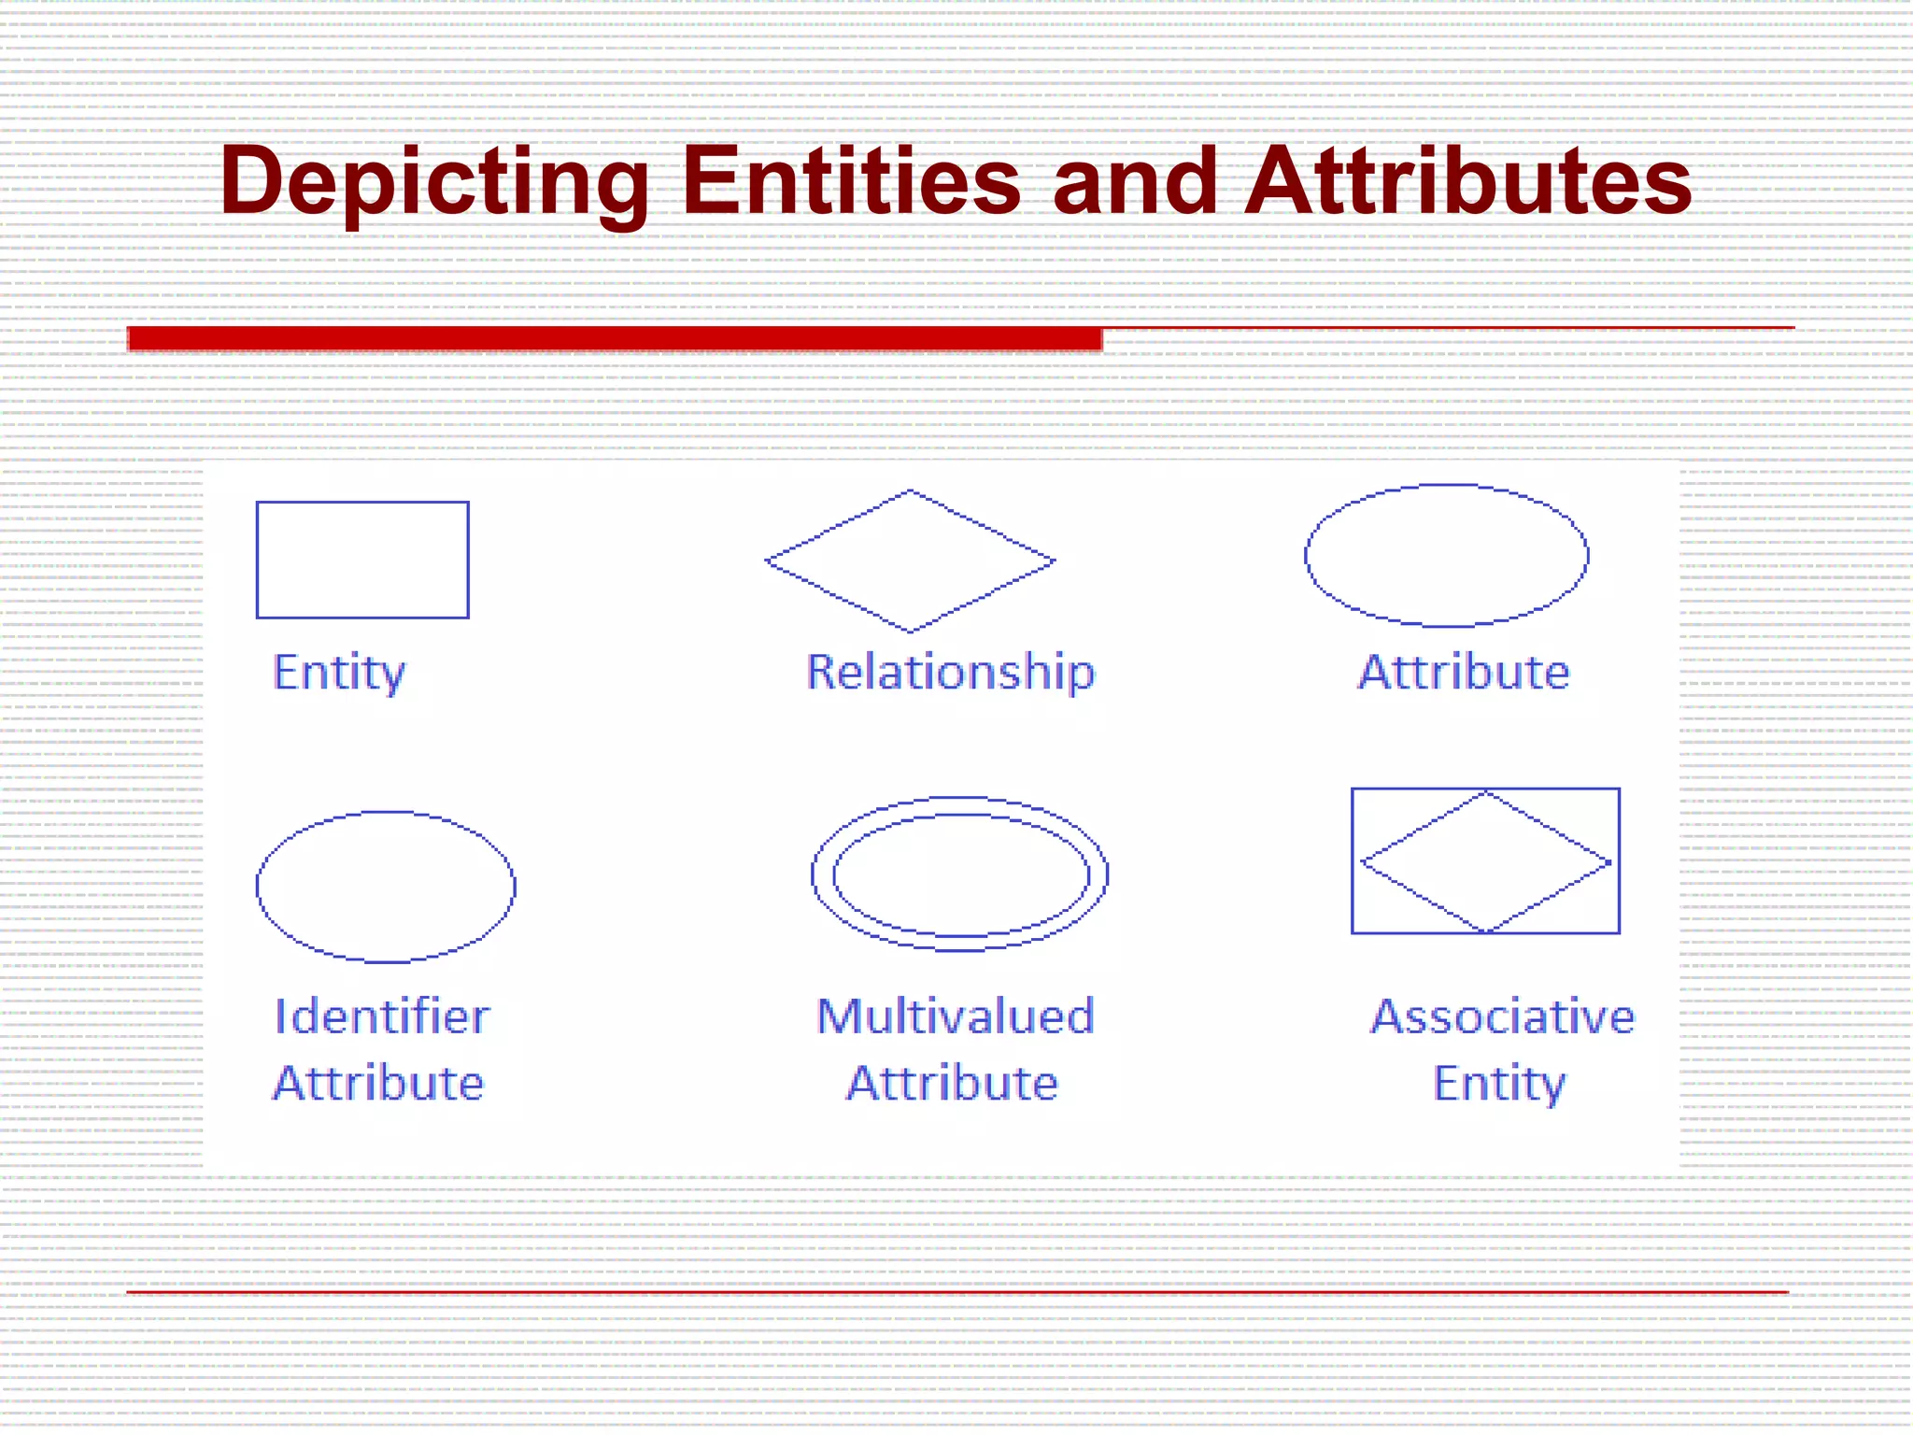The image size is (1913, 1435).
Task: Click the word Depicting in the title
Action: coord(434,182)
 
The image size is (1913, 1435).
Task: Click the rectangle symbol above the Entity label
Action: coord(362,560)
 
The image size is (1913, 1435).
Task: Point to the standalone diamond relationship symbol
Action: coord(910,561)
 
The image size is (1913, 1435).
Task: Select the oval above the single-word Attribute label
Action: coord(1446,555)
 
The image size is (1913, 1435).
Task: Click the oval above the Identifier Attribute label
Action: coord(386,887)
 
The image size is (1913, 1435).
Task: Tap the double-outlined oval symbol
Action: coord(960,874)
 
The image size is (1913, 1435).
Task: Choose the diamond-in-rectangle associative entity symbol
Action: coord(1485,861)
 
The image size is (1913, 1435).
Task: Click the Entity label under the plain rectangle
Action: coord(339,673)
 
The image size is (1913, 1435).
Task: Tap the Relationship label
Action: coord(950,673)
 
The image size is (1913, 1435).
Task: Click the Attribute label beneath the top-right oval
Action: coord(1464,673)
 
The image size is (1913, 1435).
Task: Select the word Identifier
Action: coord(382,1016)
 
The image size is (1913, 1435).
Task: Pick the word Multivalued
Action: coord(955,1016)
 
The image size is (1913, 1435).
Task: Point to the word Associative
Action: coord(1502,1016)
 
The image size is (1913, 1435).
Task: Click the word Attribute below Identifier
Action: coord(378,1084)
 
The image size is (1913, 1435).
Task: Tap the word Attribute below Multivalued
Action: coord(952,1084)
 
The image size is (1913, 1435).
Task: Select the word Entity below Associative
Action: coord(1499,1084)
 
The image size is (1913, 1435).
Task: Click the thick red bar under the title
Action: coord(615,338)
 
